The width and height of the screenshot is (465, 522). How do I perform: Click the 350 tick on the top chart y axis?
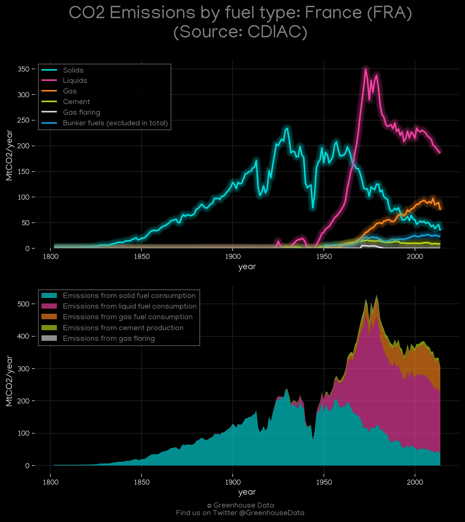click(23, 69)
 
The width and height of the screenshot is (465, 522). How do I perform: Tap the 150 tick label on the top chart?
click(23, 172)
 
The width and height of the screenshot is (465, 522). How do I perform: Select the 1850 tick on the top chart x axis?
click(142, 257)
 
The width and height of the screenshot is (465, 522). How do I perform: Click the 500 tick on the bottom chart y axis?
click(23, 304)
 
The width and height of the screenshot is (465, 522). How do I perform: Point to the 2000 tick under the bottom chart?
click(415, 482)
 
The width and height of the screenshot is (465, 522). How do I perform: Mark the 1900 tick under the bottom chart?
click(233, 482)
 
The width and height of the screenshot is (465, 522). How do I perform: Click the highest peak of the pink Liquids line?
click(365, 69)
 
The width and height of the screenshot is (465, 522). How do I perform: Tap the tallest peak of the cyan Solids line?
click(287, 128)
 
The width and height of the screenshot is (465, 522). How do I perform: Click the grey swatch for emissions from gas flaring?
click(49, 338)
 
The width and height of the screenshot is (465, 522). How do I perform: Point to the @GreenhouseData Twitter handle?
click(272, 513)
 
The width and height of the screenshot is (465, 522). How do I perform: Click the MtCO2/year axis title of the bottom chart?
click(9, 381)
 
